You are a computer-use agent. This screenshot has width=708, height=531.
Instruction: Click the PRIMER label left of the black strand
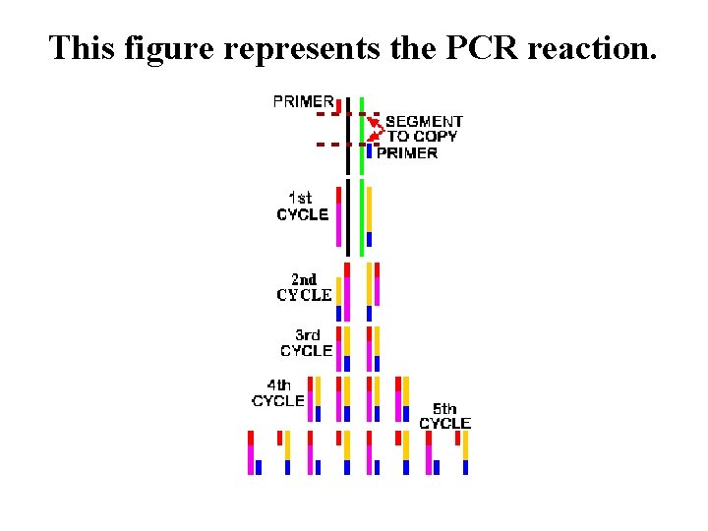pos(303,100)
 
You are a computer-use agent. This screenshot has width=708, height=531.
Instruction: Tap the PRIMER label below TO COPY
pos(407,152)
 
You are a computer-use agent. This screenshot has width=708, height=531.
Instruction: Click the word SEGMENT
pos(424,122)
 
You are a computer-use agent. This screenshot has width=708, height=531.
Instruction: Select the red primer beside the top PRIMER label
pos(339,105)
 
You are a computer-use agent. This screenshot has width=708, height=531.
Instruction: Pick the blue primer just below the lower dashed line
pos(369,151)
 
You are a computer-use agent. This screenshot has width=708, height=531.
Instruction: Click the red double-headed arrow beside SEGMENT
pos(375,129)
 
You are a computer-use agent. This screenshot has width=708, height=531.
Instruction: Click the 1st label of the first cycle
pos(300,198)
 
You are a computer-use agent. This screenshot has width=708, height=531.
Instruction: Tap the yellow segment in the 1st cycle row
pos(369,208)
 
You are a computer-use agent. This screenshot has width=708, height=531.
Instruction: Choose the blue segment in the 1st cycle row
pos(369,239)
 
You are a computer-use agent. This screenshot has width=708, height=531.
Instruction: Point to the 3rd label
pos(308,335)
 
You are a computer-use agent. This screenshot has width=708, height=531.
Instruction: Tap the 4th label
pos(279,385)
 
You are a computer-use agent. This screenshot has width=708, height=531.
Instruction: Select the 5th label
pos(444,408)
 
